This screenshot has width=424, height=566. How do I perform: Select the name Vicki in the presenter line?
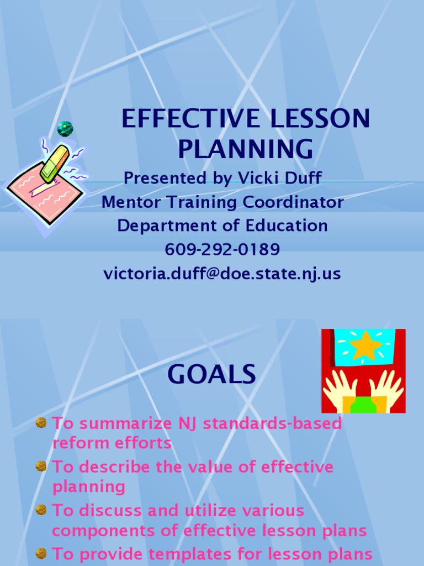[257, 178]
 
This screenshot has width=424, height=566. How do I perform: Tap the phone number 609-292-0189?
[222, 250]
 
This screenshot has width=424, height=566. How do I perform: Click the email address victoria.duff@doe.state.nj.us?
[222, 274]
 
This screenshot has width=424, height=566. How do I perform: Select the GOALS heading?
[212, 375]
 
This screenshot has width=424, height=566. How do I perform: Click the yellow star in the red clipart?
[365, 347]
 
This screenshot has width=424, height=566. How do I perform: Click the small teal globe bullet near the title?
[65, 129]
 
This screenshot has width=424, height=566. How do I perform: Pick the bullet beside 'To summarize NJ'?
[41, 423]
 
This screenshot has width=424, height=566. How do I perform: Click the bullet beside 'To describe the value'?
[41, 467]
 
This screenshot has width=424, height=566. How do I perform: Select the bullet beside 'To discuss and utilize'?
[41, 510]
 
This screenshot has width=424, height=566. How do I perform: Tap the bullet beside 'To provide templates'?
[41, 553]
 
